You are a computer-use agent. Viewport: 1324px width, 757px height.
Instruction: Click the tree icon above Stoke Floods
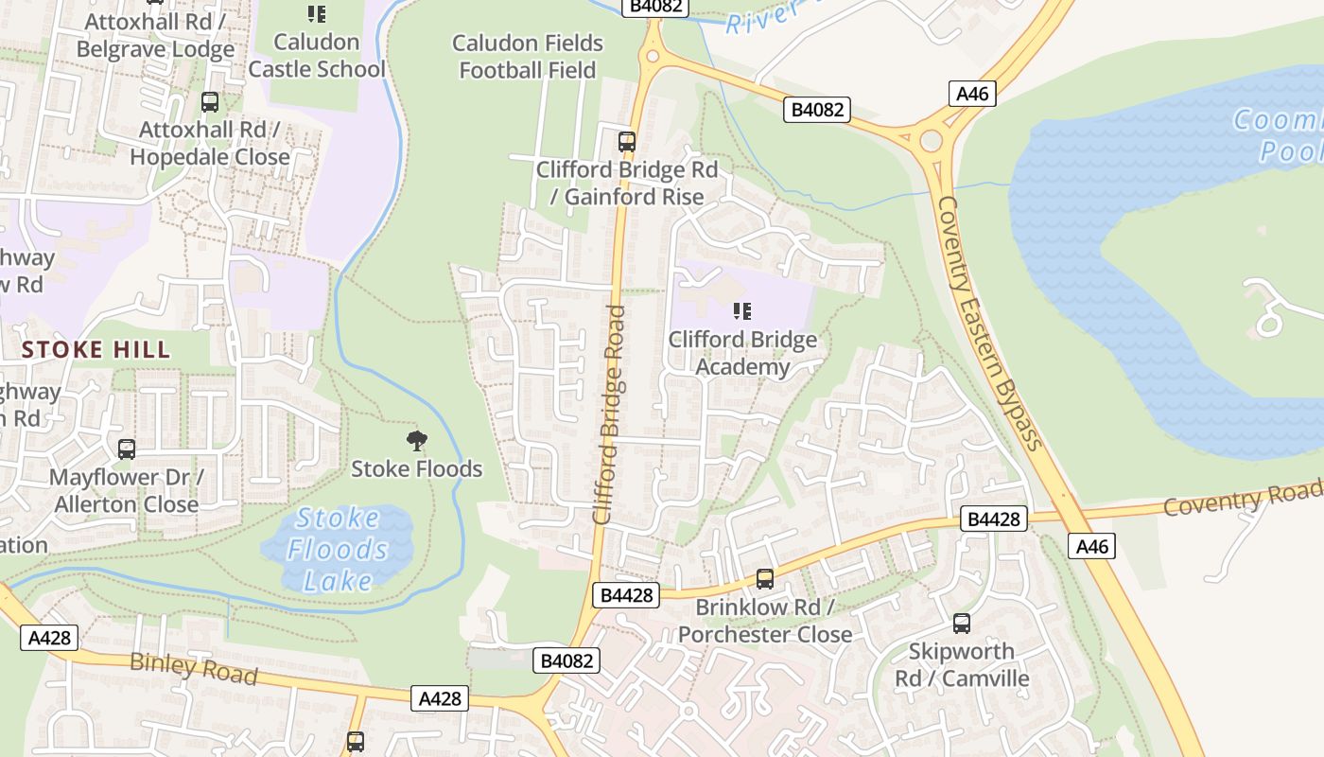pyautogui.click(x=416, y=440)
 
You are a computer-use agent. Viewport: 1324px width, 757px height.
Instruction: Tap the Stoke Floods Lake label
pyautogui.click(x=337, y=549)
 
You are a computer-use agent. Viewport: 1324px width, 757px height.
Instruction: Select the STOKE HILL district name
pyautogui.click(x=96, y=349)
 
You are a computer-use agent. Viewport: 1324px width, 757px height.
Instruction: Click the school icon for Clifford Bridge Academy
pyautogui.click(x=742, y=310)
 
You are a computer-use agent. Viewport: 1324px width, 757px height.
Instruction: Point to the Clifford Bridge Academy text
pyautogui.click(x=742, y=353)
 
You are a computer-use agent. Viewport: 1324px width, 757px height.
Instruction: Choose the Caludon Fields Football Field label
pyautogui.click(x=528, y=56)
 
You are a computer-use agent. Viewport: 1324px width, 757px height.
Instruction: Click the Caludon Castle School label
pyautogui.click(x=316, y=55)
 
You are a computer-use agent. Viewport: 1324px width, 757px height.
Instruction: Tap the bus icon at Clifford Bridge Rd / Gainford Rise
pyautogui.click(x=626, y=142)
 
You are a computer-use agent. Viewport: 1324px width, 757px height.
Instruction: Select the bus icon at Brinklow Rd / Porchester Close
pyautogui.click(x=764, y=578)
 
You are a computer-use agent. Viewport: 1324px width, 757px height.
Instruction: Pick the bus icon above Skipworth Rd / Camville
pyautogui.click(x=961, y=624)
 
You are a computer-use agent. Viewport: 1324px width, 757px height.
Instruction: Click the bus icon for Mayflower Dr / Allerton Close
pyautogui.click(x=126, y=449)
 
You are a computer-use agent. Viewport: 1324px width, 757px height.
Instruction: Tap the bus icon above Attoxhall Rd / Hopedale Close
pyautogui.click(x=210, y=101)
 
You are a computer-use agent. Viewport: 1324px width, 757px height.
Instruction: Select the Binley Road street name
pyautogui.click(x=193, y=668)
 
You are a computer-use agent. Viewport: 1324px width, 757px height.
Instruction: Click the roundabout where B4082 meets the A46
pyautogui.click(x=932, y=141)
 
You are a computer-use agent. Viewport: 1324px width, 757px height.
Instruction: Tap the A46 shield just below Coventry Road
pyautogui.click(x=1092, y=546)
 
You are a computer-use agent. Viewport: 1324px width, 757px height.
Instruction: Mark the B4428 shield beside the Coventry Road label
pyautogui.click(x=994, y=519)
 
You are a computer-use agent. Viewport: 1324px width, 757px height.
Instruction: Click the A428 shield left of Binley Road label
pyautogui.click(x=49, y=637)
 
